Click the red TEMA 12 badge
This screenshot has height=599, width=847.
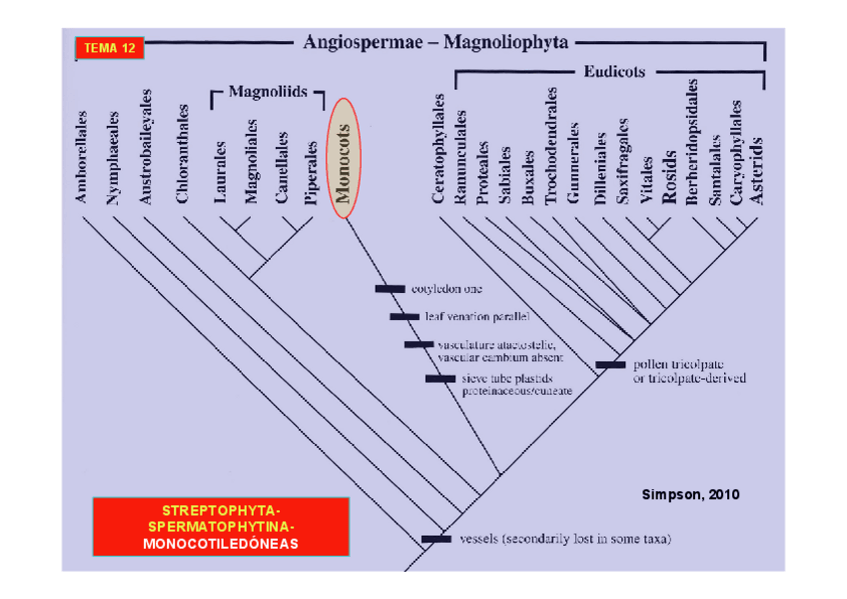pyautogui.click(x=109, y=48)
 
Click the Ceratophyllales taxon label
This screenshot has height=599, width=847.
pyautogui.click(x=437, y=150)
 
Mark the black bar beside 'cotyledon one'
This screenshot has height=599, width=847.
pyautogui.click(x=390, y=289)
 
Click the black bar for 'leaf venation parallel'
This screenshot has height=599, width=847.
pyautogui.click(x=404, y=316)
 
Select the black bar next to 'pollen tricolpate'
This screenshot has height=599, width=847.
pyautogui.click(x=610, y=365)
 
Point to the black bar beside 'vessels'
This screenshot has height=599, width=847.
pyautogui.click(x=436, y=539)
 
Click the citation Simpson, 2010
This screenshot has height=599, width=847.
pyautogui.click(x=690, y=495)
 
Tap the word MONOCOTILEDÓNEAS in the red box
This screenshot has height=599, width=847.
pyautogui.click(x=221, y=544)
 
